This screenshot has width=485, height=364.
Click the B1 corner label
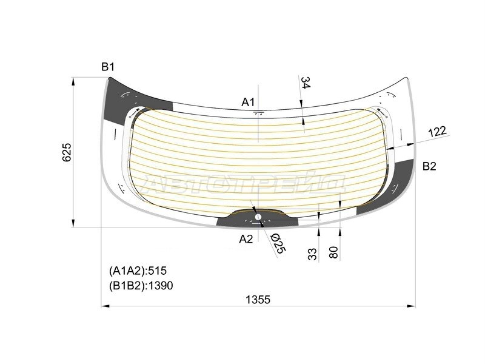coord(108,67)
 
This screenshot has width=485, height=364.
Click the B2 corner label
coord(429,166)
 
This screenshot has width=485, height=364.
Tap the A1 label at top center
coord(248,102)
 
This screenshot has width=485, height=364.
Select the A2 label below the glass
coord(246,238)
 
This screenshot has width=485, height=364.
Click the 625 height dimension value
coord(67,152)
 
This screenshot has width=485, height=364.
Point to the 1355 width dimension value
coord(258,299)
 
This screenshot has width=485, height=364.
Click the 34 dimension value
coord(306,83)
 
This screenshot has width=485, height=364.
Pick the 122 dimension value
coord(437,132)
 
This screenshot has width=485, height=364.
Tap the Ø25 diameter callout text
coord(278,244)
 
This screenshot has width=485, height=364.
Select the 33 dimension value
coord(312,254)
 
